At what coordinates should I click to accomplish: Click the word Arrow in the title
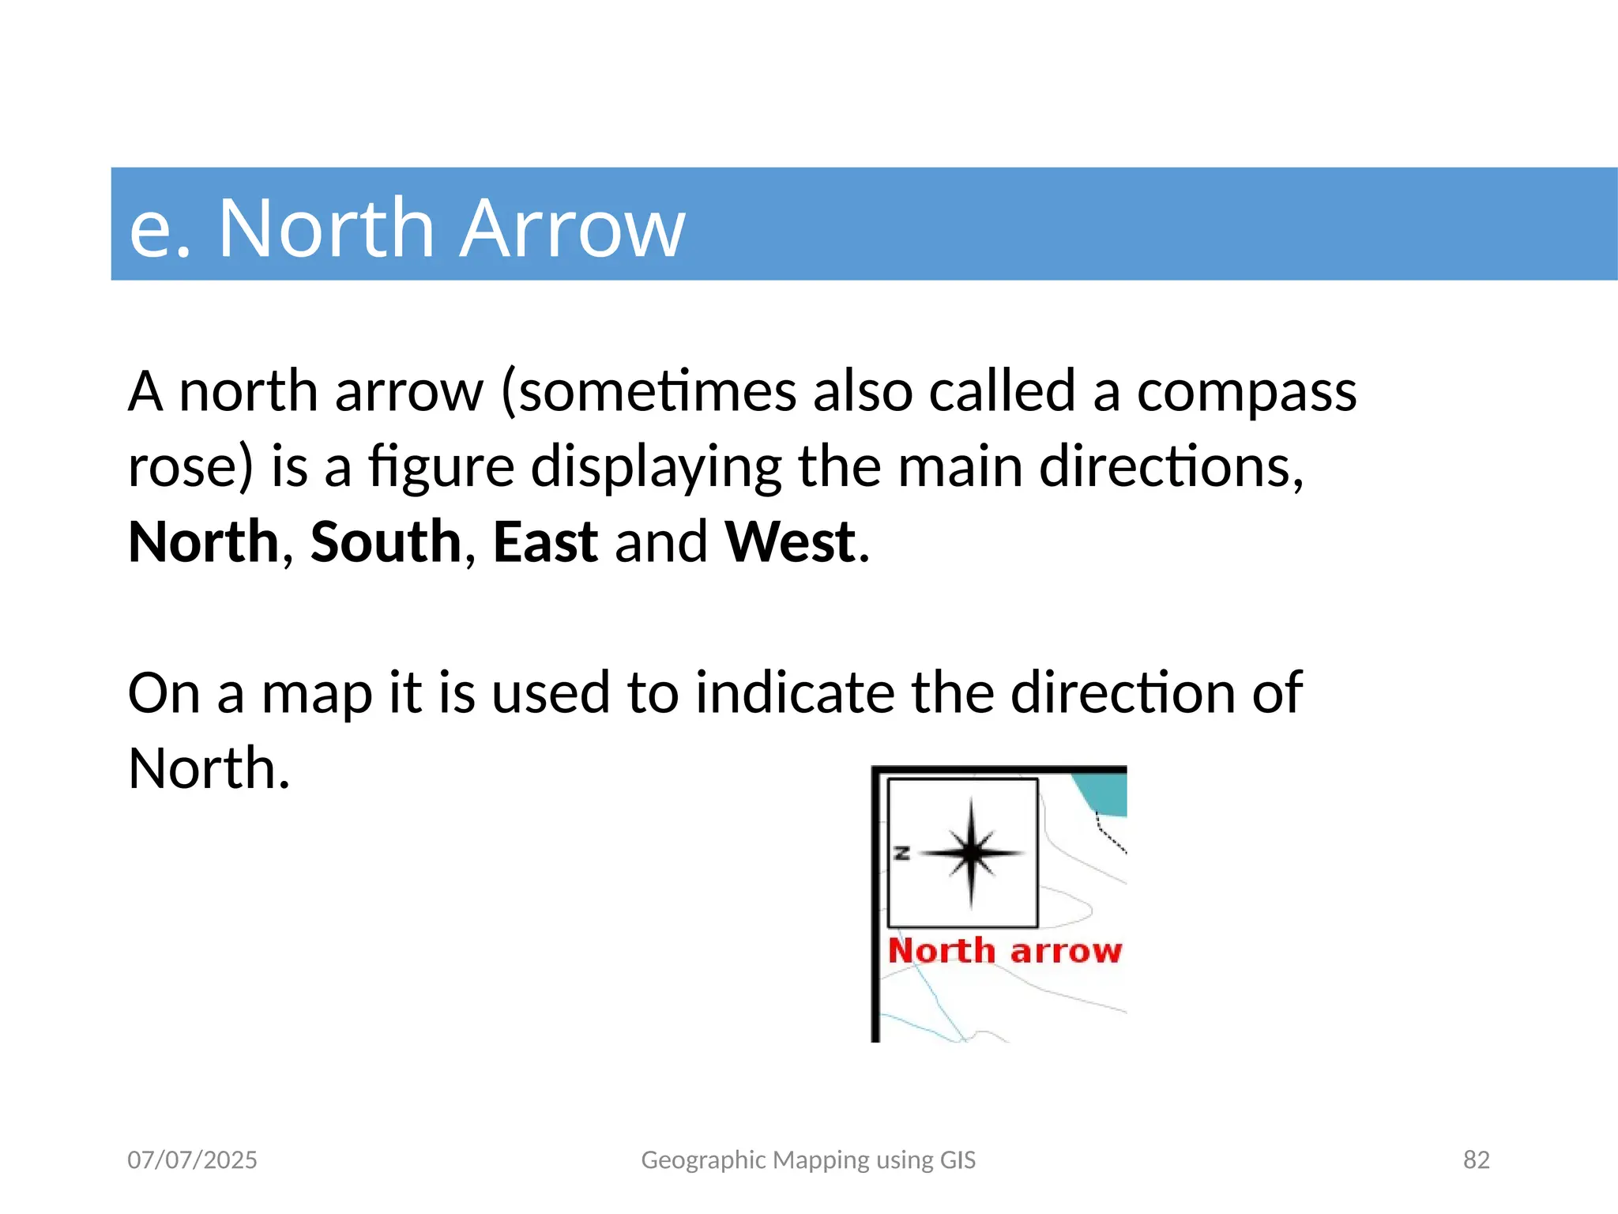(571, 228)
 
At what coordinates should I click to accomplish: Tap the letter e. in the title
(160, 230)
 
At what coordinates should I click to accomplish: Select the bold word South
(386, 542)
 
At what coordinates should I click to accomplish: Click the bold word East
(545, 542)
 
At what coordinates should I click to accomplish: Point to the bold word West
(790, 542)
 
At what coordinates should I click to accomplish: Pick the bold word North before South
(204, 542)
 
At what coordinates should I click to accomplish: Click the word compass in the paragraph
(1246, 393)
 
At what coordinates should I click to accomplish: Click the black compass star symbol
(972, 853)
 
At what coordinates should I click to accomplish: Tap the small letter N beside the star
(901, 853)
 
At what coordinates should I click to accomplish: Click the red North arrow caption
(1004, 951)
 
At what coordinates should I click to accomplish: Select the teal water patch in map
(1106, 793)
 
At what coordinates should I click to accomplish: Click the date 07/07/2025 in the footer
(192, 1159)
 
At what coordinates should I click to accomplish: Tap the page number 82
(1476, 1159)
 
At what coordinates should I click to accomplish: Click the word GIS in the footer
(958, 1159)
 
